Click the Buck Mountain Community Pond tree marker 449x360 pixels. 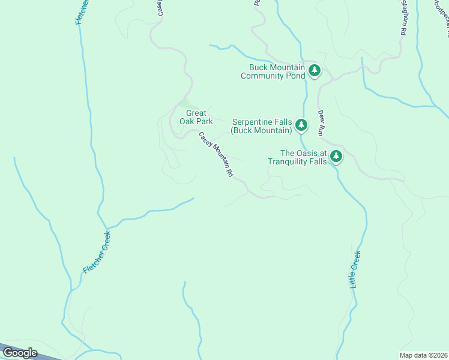[314, 71]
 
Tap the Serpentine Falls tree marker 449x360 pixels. [301, 125]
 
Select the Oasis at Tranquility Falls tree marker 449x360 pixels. [337, 157]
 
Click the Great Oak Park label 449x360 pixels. [196, 117]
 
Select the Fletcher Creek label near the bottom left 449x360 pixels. [97, 253]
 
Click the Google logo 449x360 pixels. [20, 353]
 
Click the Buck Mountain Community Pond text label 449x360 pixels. [273, 71]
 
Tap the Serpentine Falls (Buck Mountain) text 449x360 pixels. [262, 125]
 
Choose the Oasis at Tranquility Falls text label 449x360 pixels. [298, 157]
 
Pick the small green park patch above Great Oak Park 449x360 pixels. [184, 104]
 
